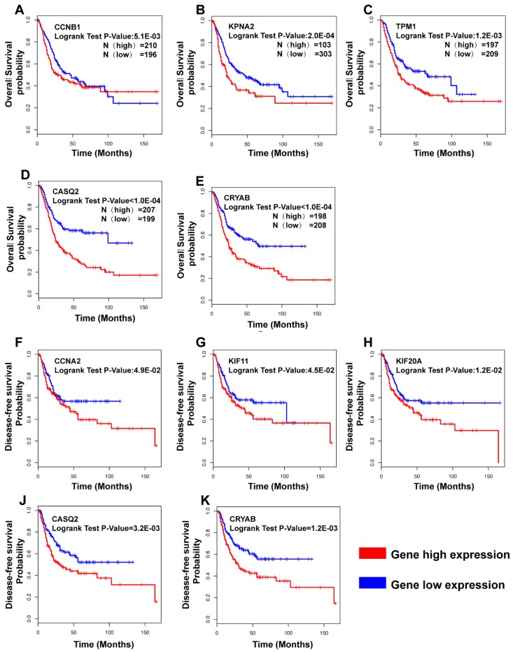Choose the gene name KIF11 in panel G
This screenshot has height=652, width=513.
click(237, 341)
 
